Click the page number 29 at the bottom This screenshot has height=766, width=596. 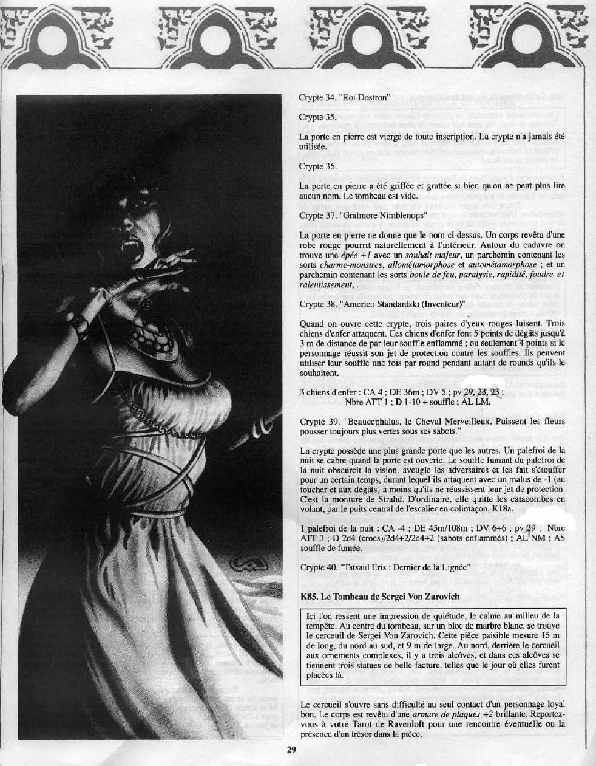(x=291, y=750)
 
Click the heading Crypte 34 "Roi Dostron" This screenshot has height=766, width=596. (x=344, y=97)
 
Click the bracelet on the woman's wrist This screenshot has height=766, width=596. (x=80, y=322)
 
